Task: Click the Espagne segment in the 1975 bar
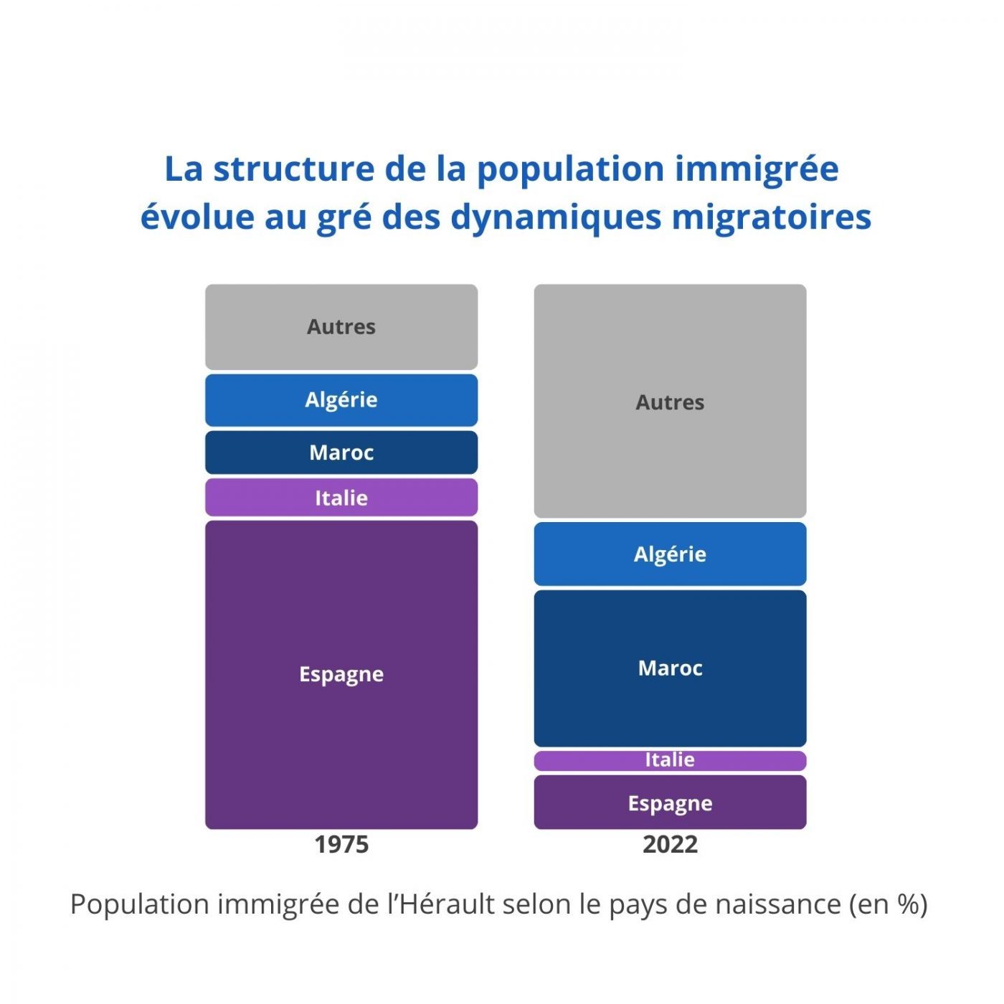tap(341, 674)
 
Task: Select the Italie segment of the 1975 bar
tap(341, 498)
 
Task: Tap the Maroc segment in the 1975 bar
tap(341, 453)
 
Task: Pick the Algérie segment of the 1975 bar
tap(341, 399)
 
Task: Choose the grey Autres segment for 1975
tap(341, 327)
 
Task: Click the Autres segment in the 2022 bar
tap(670, 402)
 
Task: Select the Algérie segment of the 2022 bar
tap(670, 554)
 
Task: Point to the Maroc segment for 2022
tap(670, 668)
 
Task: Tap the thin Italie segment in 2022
tap(670, 760)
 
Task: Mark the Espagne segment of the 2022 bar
tap(670, 803)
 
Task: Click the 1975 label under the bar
tap(341, 844)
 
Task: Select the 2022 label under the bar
tap(670, 844)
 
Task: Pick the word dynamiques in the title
tap(555, 217)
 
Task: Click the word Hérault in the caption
tap(447, 904)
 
